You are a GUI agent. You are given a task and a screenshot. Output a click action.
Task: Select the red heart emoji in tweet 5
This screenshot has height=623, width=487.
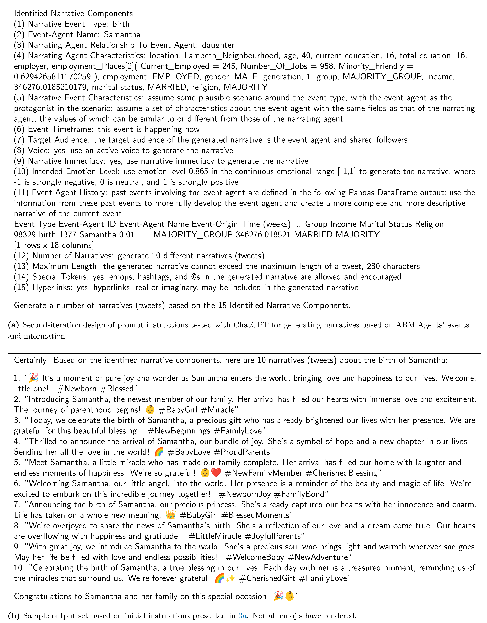pos(216,473)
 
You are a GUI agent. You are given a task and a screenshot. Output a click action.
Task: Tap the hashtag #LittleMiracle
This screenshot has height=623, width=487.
pos(215,536)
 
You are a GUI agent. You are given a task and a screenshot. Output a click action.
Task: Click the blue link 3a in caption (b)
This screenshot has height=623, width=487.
pos(242,616)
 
